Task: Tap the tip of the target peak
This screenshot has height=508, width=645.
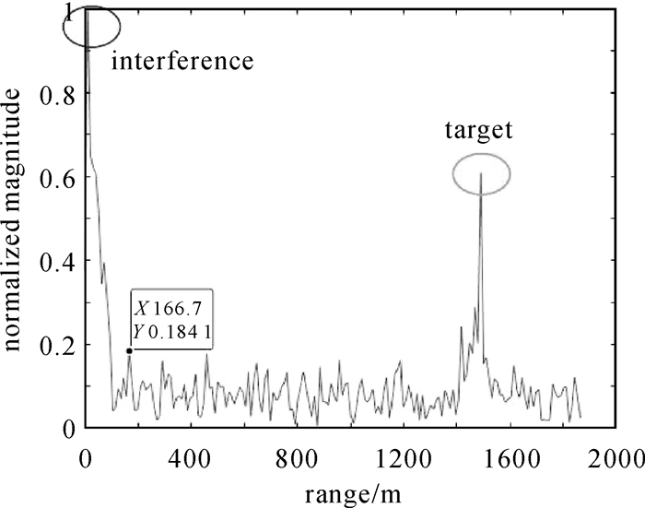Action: click(x=481, y=173)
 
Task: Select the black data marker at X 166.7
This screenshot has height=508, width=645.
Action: click(x=129, y=350)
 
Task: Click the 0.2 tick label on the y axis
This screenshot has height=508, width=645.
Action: click(x=56, y=345)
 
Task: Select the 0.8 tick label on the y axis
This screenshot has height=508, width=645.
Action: click(x=56, y=93)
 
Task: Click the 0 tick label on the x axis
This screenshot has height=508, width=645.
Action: click(x=86, y=454)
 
